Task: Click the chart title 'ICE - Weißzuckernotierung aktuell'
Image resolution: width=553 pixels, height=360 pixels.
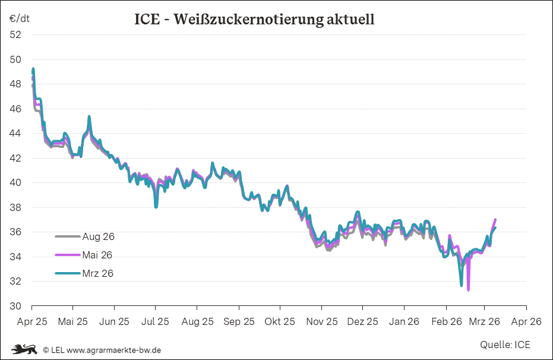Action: coord(255,20)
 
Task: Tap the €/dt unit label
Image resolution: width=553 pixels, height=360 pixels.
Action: coord(19,18)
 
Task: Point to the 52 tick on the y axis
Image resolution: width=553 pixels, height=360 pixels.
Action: coord(15,34)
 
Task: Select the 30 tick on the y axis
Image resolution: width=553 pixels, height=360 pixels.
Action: coord(15,306)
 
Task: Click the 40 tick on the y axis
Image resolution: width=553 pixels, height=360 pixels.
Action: coord(15,183)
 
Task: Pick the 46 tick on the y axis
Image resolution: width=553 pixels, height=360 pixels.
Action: coord(15,109)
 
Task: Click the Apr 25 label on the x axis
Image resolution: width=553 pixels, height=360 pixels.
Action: coord(31,321)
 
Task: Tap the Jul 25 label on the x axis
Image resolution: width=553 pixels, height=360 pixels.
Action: coord(155,321)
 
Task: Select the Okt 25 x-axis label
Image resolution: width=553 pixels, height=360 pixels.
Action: coord(280,321)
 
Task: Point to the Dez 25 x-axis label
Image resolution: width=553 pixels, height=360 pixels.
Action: coord(362,321)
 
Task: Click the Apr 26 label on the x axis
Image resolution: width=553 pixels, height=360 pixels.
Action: coord(526,321)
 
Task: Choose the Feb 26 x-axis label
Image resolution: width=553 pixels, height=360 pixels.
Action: coord(446,321)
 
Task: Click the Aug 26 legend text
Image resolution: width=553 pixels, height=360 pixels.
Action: coord(98,236)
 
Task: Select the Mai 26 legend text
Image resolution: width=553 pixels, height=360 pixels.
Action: coord(97,255)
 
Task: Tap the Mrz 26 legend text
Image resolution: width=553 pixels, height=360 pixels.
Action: coord(97,273)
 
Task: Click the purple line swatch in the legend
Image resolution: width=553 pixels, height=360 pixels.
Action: coord(67,255)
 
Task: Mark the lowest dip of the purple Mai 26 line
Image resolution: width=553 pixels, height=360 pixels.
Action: coord(469,290)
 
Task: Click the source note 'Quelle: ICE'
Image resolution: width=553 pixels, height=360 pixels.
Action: coord(505,345)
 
